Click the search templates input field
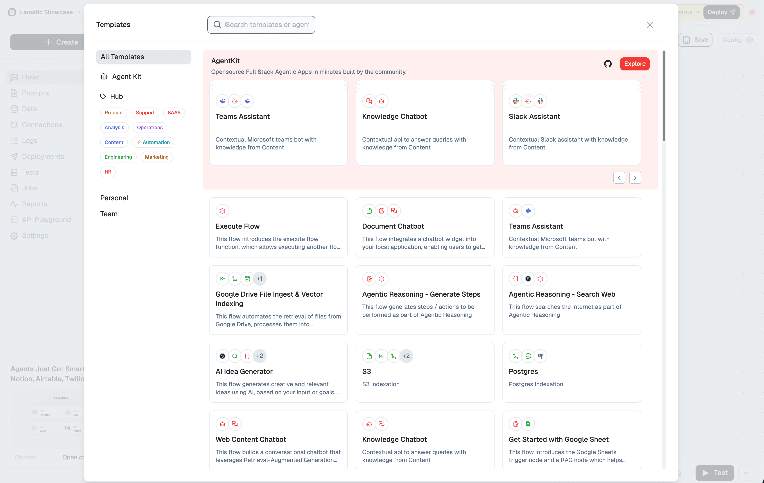tap(267, 25)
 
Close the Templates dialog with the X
tap(650, 25)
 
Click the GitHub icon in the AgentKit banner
tap(608, 64)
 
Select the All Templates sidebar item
tap(143, 57)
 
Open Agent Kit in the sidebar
tap(126, 77)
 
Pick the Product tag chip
tap(114, 113)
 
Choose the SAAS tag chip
tap(174, 113)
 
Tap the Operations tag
tap(149, 127)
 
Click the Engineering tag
tap(118, 157)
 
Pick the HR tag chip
tap(108, 172)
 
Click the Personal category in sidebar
tap(114, 198)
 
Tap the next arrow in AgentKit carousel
tap(635, 178)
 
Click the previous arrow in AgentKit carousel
tap(619, 178)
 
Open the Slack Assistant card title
tap(534, 116)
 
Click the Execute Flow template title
tap(237, 226)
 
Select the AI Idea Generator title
tap(244, 371)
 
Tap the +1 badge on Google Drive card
tap(260, 279)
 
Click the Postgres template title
tap(523, 371)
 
